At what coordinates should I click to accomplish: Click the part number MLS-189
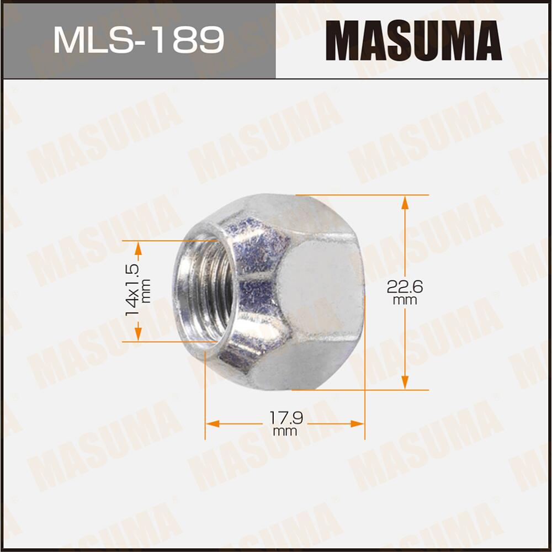[x=138, y=40]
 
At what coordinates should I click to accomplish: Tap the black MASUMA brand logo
[x=413, y=40]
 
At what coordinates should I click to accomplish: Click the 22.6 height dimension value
[x=405, y=288]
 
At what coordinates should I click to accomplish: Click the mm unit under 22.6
[x=405, y=301]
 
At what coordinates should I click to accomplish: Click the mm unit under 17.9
[x=284, y=431]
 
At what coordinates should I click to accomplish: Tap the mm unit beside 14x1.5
[x=146, y=290]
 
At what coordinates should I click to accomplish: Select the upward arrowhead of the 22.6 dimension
[x=405, y=203]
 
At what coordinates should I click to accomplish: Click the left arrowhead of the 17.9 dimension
[x=213, y=424]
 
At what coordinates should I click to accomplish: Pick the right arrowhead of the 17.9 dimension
[x=358, y=424]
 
